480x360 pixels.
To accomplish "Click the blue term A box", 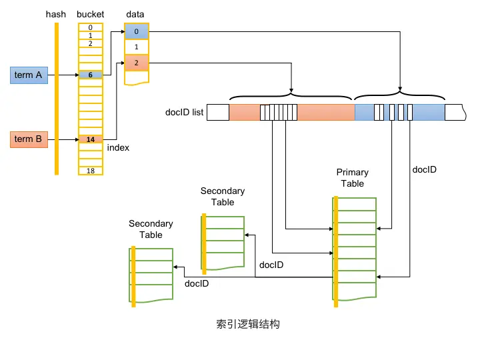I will pos(28,75).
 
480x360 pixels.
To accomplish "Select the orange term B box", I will pos(28,139).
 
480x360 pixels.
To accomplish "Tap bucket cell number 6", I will pos(90,75).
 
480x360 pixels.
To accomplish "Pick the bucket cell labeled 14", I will pos(90,139).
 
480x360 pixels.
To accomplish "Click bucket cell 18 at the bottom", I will pos(90,171).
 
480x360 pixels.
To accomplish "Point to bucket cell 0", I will pos(90,27).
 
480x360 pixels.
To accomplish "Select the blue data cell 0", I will pos(136,31).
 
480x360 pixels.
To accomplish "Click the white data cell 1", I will pos(136,47).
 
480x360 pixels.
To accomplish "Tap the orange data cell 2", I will pos(136,63).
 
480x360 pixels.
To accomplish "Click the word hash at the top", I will pos(56,14).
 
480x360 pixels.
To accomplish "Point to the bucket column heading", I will pos(90,14).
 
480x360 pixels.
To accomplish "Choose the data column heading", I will pos(135,14).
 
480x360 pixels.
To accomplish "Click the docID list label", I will pos(184,113).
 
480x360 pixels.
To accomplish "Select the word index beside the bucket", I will pos(118,147).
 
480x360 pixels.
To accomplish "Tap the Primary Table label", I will pos(353,178).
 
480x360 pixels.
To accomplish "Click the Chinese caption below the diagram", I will pos(247,324).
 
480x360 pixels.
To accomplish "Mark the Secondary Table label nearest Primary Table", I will pos(223,197).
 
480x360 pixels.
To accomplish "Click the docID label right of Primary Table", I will pos(425,170).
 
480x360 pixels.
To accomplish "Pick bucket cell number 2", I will pos(90,43).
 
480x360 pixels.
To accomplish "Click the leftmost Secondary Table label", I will pos(151,229).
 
